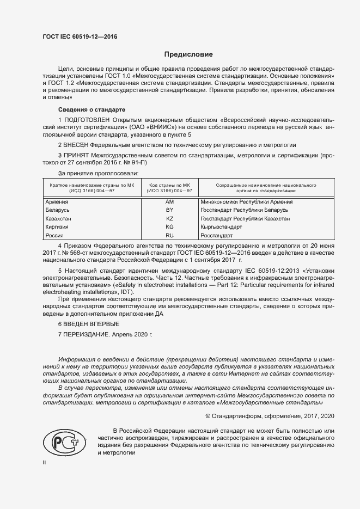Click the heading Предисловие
(189, 54)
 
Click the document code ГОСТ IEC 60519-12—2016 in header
(80, 37)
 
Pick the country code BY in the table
(169, 210)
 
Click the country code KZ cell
(169, 218)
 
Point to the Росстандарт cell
(217, 235)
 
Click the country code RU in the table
(169, 235)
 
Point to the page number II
(45, 462)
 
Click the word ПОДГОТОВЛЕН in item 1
(87, 119)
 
